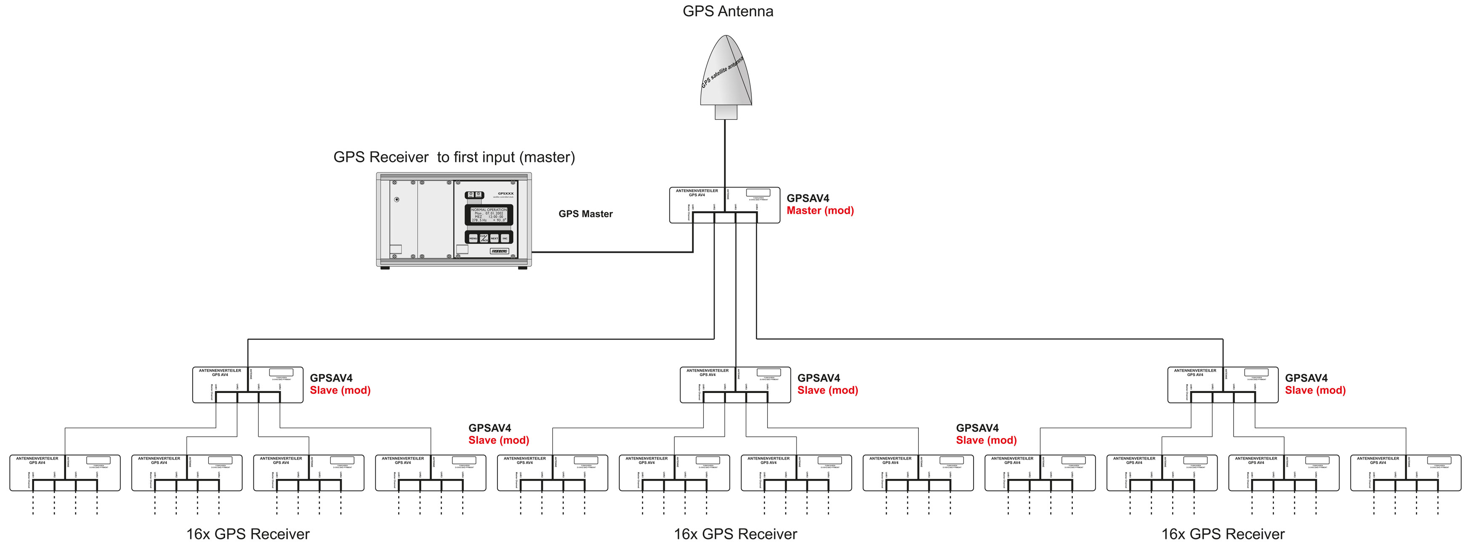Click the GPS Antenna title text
pyautogui.click(x=728, y=11)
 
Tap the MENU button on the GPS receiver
pyautogui.click(x=473, y=238)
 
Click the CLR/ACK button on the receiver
pyautogui.click(x=484, y=238)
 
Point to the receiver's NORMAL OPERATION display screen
pyautogui.click(x=488, y=215)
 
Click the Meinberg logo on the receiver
pyautogui.click(x=499, y=251)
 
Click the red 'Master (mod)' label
pyautogui.click(x=820, y=211)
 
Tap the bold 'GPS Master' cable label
pyautogui.click(x=585, y=214)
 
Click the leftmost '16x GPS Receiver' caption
pyautogui.click(x=248, y=534)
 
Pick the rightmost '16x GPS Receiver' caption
pyautogui.click(x=1223, y=534)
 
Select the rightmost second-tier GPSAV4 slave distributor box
pyautogui.click(x=1223, y=385)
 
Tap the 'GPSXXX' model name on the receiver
pyautogui.click(x=505, y=194)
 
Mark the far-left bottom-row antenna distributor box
pyautogui.click(x=64, y=473)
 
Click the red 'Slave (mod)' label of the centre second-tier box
pyautogui.click(x=827, y=390)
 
